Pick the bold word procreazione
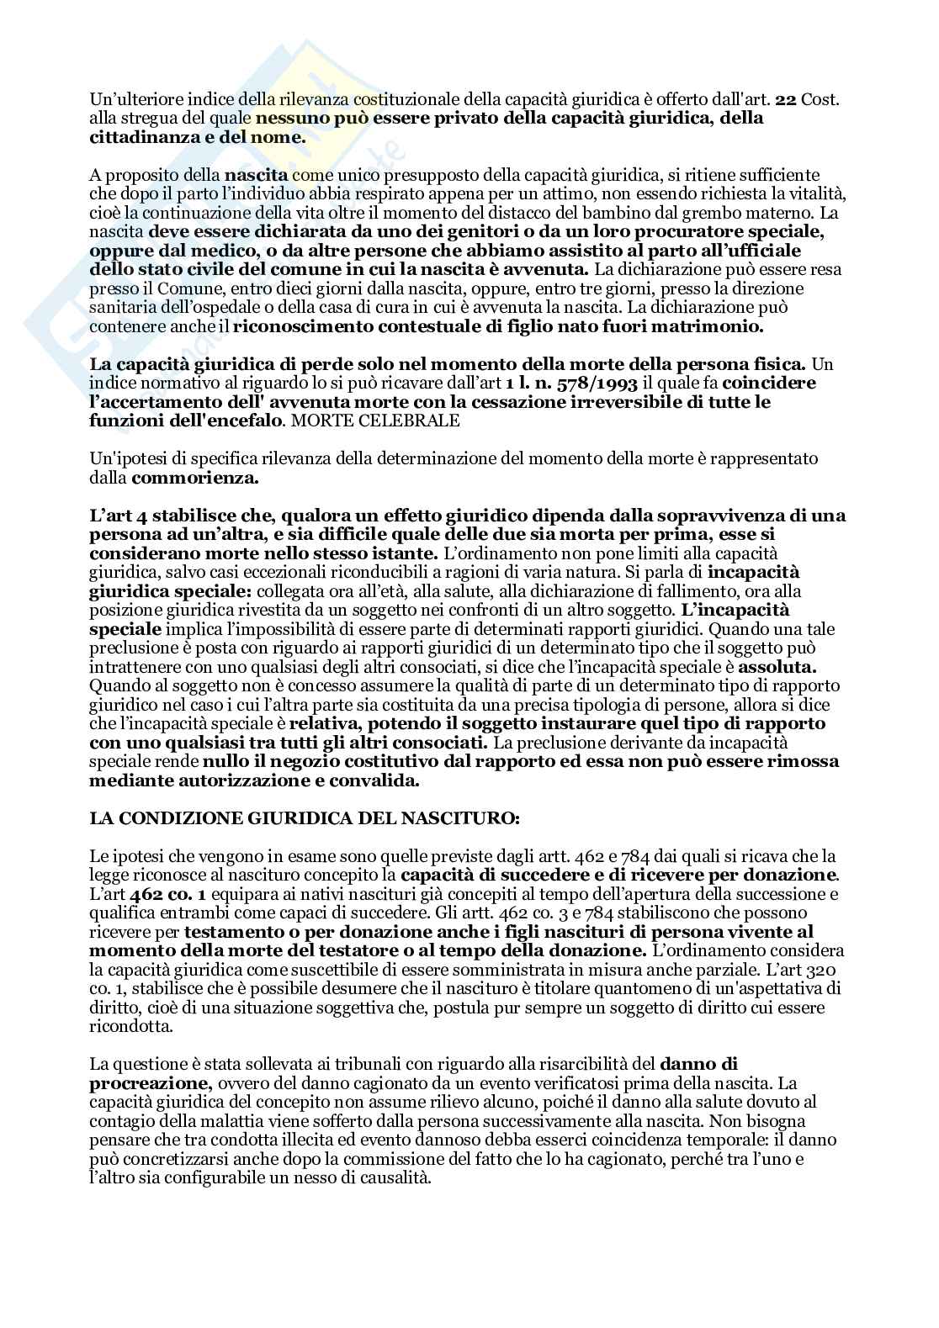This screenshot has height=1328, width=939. coord(146,1082)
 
